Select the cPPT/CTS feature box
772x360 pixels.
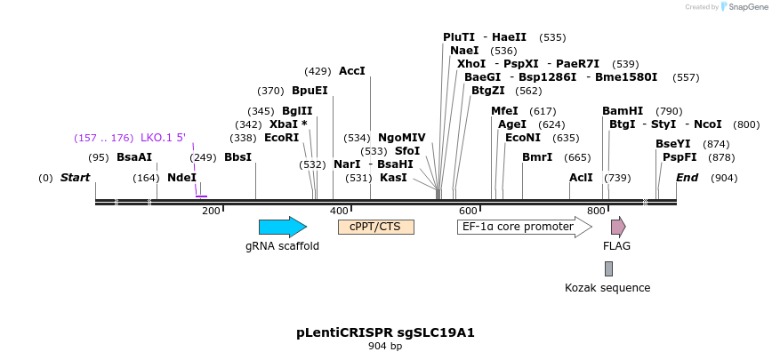[x=375, y=227]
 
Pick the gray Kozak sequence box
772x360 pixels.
[x=608, y=268]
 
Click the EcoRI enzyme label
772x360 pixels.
[x=281, y=138]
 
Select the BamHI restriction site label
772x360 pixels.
[x=623, y=111]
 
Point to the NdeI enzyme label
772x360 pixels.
[x=181, y=178]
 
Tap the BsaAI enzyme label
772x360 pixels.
[x=134, y=157]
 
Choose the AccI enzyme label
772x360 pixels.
[x=352, y=71]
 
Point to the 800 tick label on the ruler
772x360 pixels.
[x=597, y=211]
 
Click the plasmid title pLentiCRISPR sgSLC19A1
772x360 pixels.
[x=385, y=333]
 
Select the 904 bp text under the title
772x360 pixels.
[x=385, y=347]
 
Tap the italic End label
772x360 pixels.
[x=687, y=178]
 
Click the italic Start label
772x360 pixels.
[x=75, y=178]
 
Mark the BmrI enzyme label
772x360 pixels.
[x=537, y=157]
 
